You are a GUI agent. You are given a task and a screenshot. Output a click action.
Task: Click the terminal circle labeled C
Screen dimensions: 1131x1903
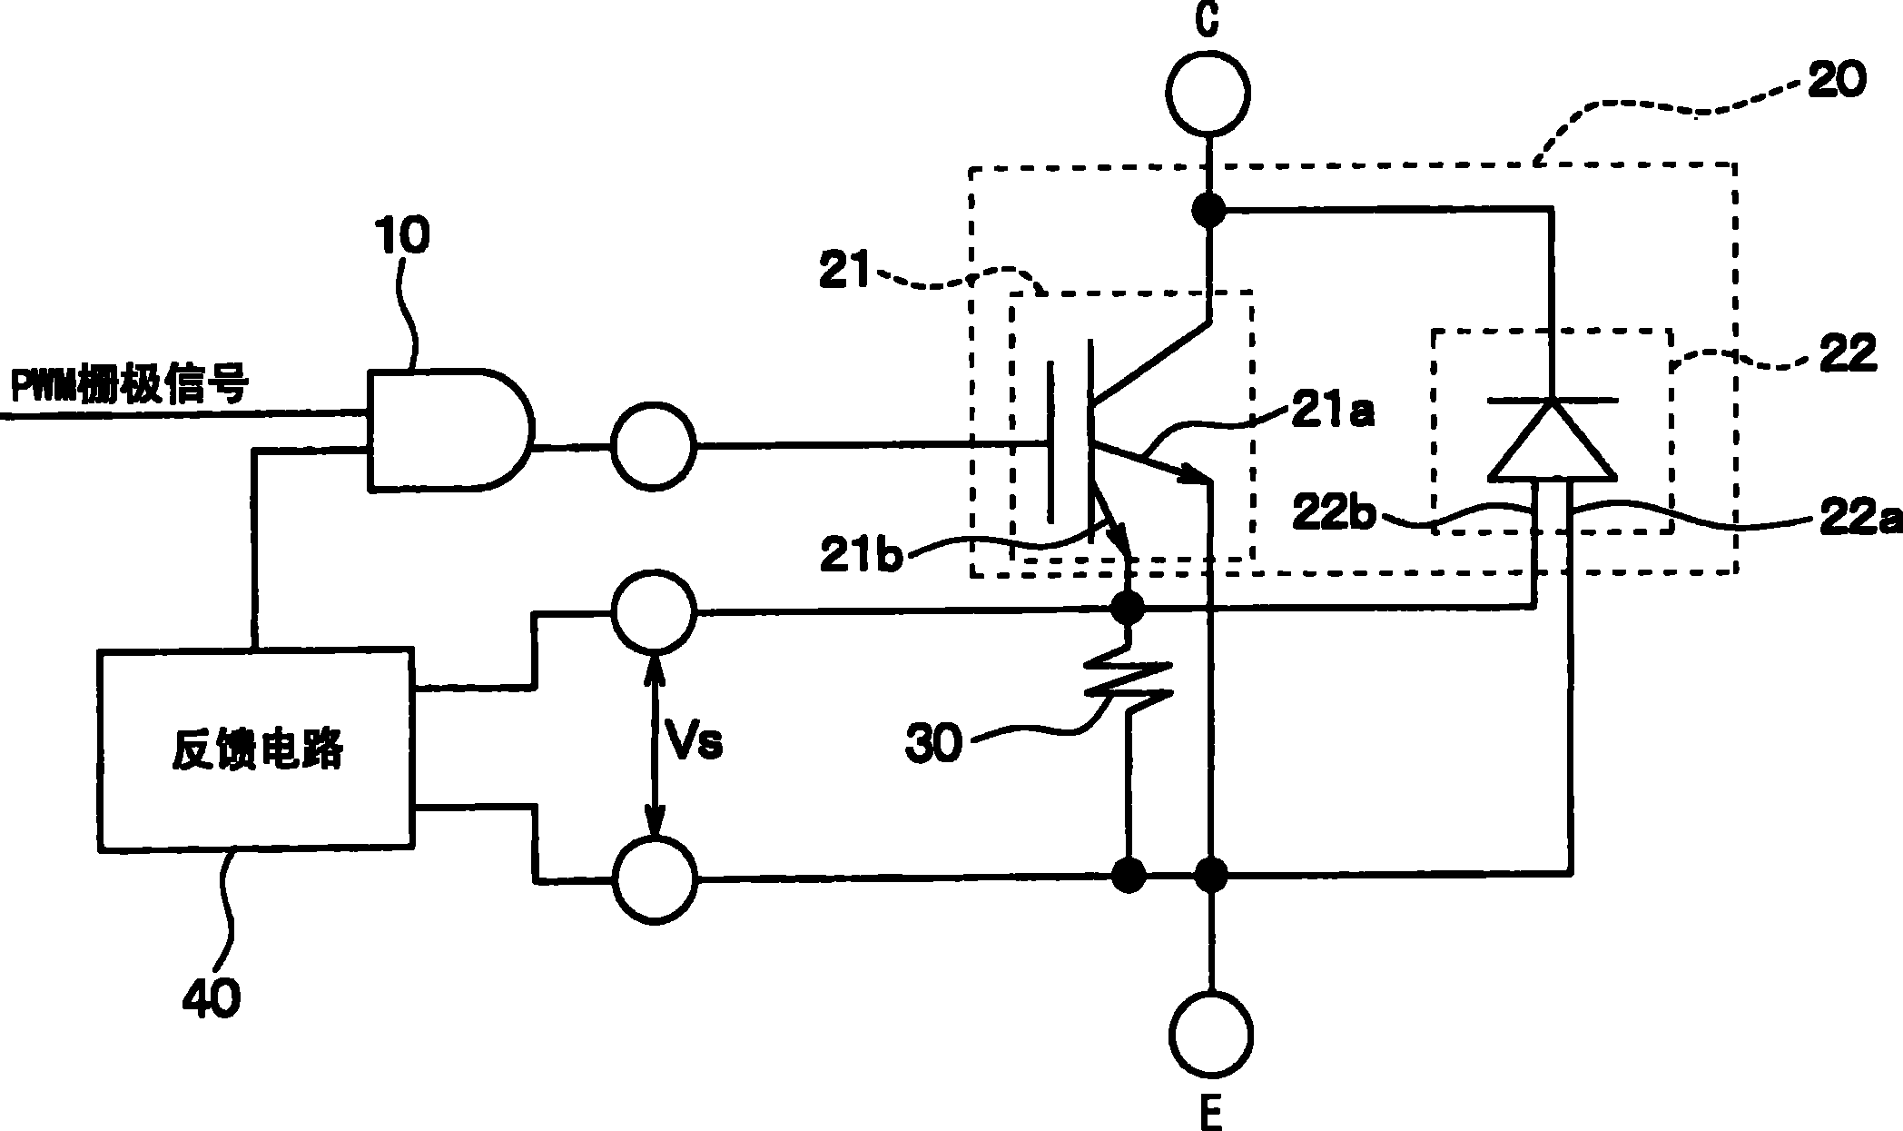pos(1208,93)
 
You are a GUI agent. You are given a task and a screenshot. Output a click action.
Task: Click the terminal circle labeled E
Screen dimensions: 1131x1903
pos(1211,1034)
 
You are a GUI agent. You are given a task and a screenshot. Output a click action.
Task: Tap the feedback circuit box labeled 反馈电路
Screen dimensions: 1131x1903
pos(256,750)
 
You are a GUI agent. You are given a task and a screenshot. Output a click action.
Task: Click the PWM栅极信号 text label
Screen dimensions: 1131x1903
pos(127,386)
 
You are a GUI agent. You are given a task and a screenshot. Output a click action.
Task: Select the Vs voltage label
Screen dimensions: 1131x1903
pos(695,744)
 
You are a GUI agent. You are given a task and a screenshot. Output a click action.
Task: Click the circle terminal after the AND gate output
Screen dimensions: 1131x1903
pos(654,446)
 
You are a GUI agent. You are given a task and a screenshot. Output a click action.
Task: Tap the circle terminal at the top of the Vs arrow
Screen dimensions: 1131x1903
pos(654,611)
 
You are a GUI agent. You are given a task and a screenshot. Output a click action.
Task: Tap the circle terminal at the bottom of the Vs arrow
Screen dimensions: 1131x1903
pos(654,878)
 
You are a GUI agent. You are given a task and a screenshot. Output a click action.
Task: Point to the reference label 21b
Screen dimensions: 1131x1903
pos(860,556)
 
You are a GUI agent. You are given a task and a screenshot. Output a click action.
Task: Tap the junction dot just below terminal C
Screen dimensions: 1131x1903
pos(1209,211)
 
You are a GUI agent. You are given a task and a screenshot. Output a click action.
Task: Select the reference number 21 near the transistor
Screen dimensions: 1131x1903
pos(843,273)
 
